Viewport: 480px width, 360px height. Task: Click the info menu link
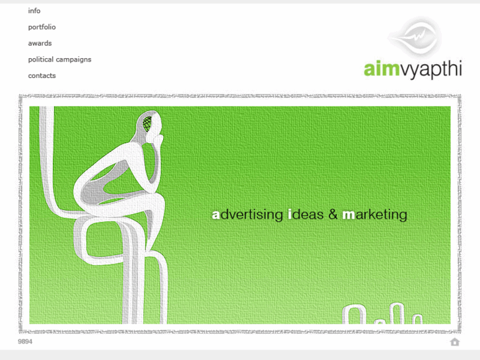pyautogui.click(x=34, y=11)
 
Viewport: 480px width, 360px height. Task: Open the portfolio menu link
pyautogui.click(x=42, y=27)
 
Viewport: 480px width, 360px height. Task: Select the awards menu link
pyautogui.click(x=40, y=43)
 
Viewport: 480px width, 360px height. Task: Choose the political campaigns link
pyautogui.click(x=59, y=59)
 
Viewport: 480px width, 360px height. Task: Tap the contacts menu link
pyautogui.click(x=42, y=75)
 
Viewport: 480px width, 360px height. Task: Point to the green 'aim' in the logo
pyautogui.click(x=381, y=69)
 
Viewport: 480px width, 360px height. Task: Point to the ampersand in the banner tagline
pyautogui.click(x=333, y=215)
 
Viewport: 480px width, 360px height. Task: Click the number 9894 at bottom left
pyautogui.click(x=25, y=342)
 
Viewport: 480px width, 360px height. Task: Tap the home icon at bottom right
pyautogui.click(x=454, y=342)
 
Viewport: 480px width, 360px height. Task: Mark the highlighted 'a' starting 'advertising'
pyautogui.click(x=216, y=215)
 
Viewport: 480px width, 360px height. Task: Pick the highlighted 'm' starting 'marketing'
pyautogui.click(x=349, y=215)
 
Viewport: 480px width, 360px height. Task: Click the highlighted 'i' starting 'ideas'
pyautogui.click(x=290, y=215)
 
